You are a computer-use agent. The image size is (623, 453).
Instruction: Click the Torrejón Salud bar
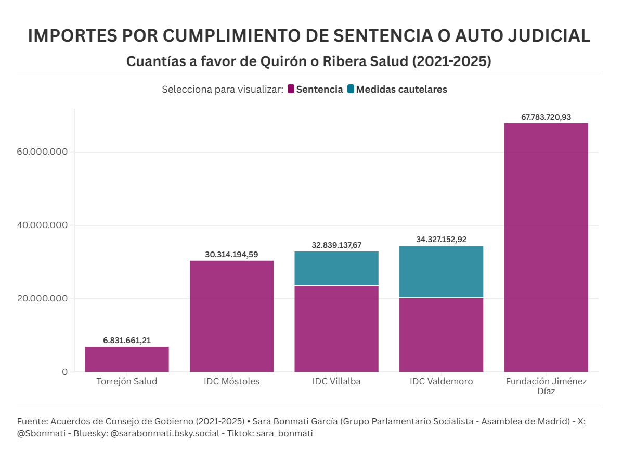click(x=127, y=359)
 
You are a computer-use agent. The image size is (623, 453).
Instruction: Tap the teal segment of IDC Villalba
click(x=336, y=269)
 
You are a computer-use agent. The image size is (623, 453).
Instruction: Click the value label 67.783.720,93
click(x=546, y=117)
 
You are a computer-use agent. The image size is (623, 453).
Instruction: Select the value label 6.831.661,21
click(x=127, y=341)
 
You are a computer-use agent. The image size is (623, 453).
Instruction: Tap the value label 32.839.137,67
click(x=336, y=245)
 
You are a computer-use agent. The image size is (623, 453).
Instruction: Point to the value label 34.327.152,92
click(x=441, y=240)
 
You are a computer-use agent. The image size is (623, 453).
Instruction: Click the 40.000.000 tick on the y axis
click(x=42, y=225)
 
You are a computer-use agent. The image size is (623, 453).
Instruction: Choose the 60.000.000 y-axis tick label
click(x=42, y=152)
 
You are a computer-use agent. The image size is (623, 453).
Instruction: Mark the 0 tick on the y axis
click(x=64, y=372)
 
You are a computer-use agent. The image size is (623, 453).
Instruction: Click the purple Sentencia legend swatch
click(x=291, y=89)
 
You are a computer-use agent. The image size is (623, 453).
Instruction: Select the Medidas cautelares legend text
click(x=401, y=89)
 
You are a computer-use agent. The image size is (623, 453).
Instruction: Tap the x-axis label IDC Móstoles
click(x=231, y=381)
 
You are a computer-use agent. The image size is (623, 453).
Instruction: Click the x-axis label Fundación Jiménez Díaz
click(x=546, y=386)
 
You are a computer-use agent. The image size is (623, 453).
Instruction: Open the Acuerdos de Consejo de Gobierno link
click(x=147, y=421)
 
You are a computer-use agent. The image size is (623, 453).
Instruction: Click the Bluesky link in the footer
click(x=146, y=433)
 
